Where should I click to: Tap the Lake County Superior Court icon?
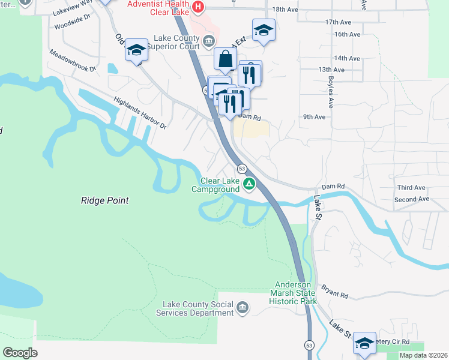coord(208,41)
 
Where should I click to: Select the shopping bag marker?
coord(225,60)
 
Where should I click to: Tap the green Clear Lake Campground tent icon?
coord(249,184)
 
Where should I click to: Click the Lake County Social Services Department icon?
coord(242,308)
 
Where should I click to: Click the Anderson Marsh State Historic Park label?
coord(295,293)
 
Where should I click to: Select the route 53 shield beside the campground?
coord(242,169)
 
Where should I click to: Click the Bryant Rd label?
coord(335,295)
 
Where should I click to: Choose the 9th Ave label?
coord(314,117)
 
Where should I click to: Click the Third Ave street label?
coord(411,187)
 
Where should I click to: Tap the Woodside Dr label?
coord(71,26)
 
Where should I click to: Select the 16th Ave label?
coord(347,34)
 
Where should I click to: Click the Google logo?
coord(20,353)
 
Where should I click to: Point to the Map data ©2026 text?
coord(423,355)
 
